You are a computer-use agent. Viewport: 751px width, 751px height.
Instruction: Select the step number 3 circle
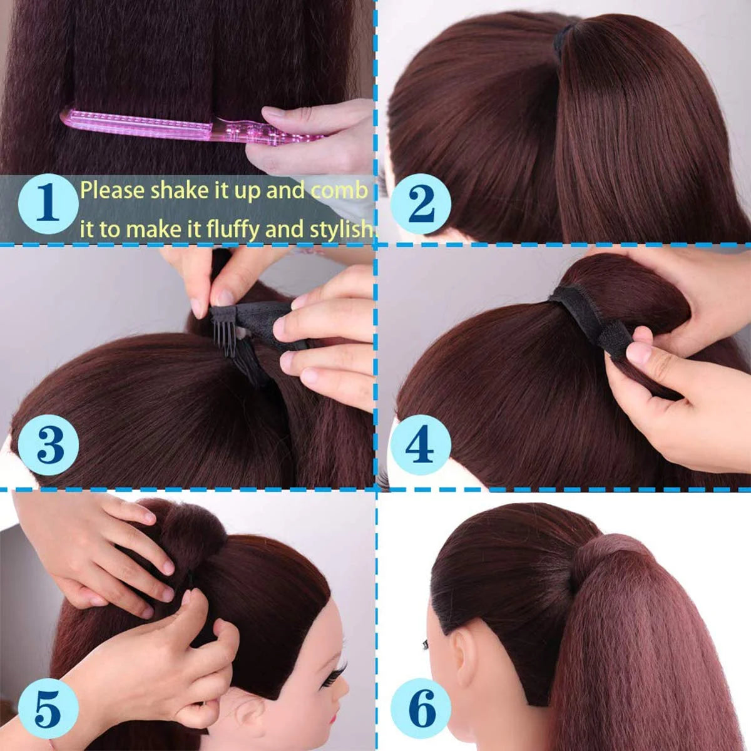[48, 445]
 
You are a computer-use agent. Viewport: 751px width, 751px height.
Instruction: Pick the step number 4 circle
[421, 445]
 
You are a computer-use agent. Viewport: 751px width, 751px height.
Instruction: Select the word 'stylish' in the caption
[341, 229]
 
